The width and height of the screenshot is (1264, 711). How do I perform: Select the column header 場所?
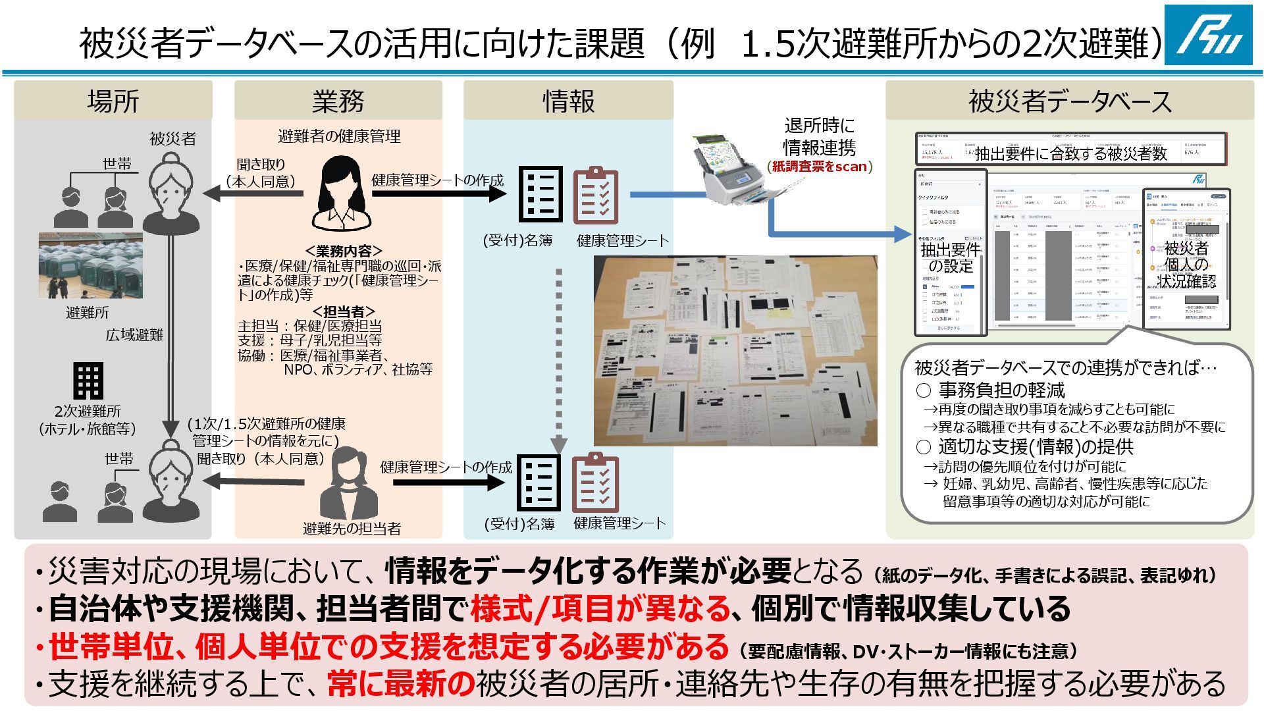click(113, 101)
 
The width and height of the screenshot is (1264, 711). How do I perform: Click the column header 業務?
click(338, 101)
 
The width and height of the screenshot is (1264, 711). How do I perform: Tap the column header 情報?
click(568, 101)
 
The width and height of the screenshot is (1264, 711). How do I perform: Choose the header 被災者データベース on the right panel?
click(1069, 101)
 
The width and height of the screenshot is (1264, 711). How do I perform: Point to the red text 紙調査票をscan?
click(820, 167)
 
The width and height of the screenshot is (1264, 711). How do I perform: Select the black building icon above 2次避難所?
click(88, 381)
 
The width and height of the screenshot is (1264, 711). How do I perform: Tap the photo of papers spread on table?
click(735, 351)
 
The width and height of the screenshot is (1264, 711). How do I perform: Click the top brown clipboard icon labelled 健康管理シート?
click(595, 196)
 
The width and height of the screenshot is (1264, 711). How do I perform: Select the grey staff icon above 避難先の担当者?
click(350, 483)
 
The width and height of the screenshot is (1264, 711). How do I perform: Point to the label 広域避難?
click(134, 335)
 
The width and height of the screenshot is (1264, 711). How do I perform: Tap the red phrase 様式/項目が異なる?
click(600, 609)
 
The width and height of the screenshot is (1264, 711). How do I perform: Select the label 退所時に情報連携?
click(819, 136)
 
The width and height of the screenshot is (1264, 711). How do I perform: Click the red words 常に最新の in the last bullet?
click(401, 684)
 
